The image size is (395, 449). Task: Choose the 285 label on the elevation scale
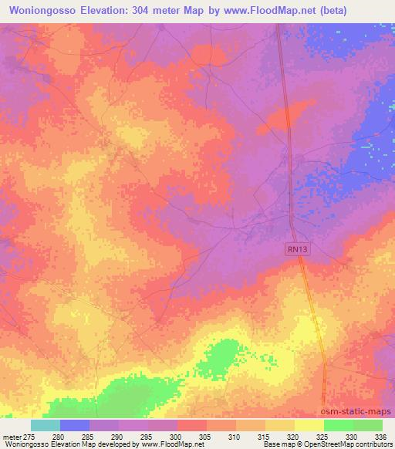89,437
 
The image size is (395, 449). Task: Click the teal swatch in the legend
46,425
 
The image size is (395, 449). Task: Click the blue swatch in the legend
75,425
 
